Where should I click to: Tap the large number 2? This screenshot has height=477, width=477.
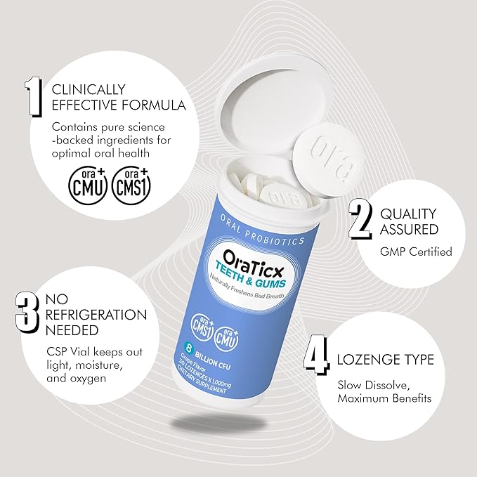360,220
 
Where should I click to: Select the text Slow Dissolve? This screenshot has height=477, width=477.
373,386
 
